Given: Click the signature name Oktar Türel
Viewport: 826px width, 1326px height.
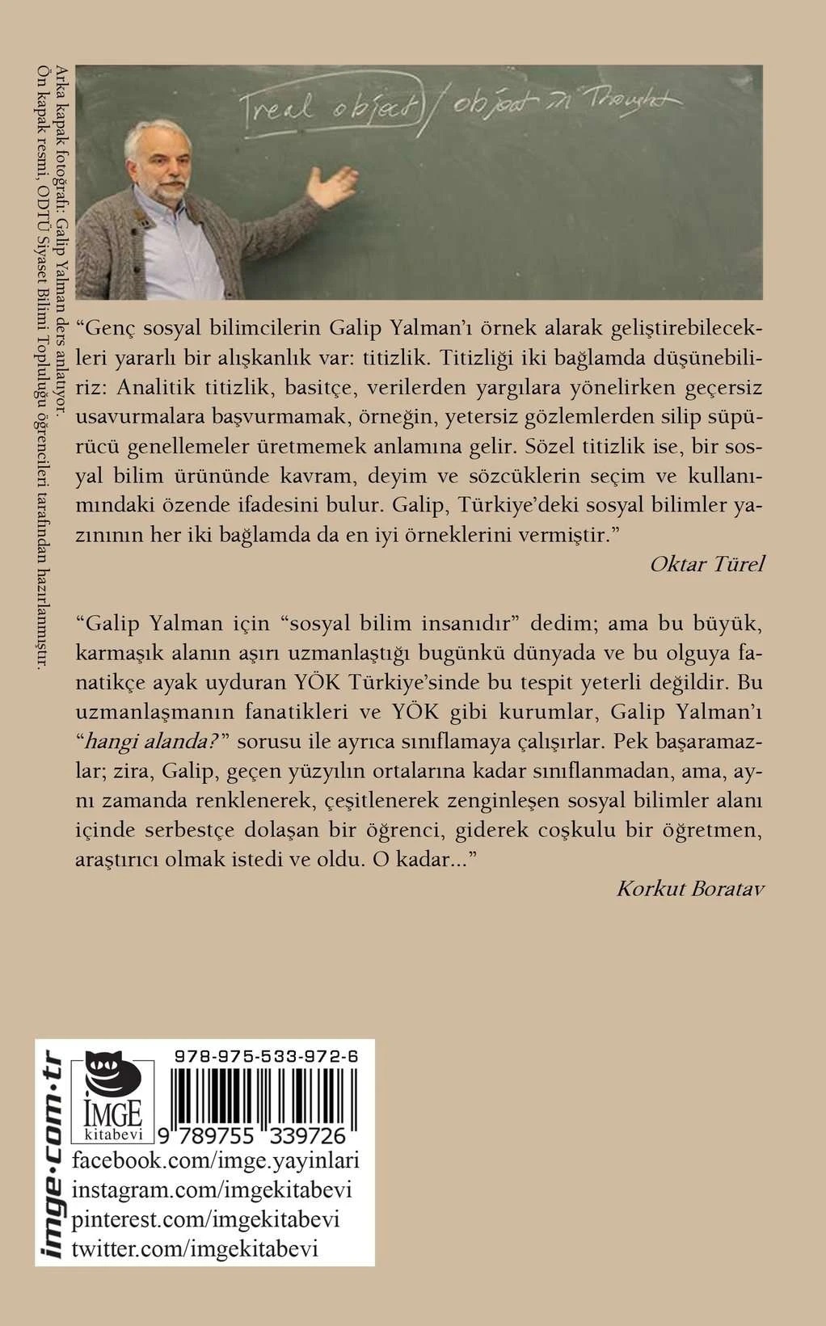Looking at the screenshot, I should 706,564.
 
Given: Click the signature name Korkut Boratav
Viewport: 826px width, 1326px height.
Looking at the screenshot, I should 690,889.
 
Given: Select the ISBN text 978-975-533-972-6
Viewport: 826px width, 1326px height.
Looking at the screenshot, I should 266,1057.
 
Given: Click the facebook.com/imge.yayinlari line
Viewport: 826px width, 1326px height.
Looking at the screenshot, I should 216,1162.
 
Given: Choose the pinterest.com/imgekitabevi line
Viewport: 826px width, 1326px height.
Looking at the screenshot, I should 205,1219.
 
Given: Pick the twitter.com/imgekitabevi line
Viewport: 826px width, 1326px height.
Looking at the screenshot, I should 195,1248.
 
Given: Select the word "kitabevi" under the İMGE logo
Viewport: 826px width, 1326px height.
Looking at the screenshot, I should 113,1134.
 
